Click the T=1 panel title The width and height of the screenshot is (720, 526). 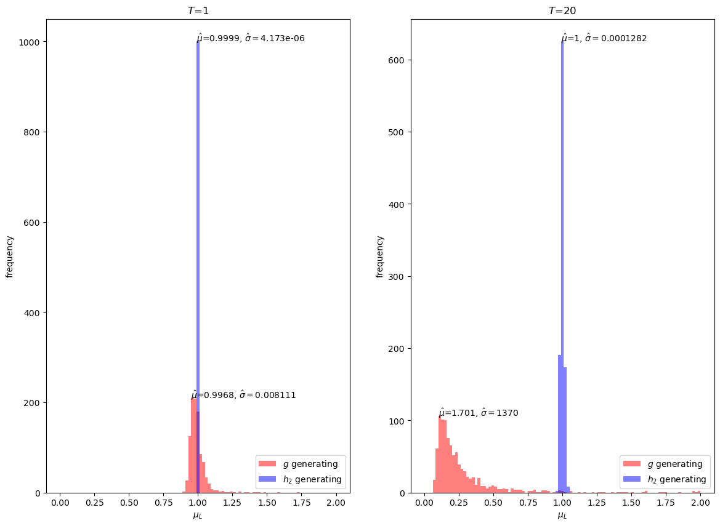[x=198, y=10]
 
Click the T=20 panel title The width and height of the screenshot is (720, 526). [x=562, y=10]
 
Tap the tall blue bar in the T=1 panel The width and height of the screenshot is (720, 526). [x=198, y=268]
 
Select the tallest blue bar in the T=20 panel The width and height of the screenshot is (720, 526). [x=562, y=268]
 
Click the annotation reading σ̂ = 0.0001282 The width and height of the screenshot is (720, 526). [x=616, y=38]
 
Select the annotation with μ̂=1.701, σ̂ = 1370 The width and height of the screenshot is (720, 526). [x=479, y=413]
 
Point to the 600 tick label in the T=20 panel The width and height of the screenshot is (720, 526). [x=398, y=60]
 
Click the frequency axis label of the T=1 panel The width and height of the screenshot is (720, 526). [x=10, y=257]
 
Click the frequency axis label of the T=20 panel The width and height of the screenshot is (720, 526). [x=379, y=257]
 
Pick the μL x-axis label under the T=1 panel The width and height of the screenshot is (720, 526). [x=198, y=516]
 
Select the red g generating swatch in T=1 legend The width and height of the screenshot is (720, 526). [x=267, y=464]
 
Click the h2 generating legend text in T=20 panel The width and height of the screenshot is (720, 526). [x=677, y=479]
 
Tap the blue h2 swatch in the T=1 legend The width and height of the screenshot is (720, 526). [x=267, y=479]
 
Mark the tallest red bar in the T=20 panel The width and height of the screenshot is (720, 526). [x=440, y=455]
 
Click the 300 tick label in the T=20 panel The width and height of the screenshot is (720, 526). [x=398, y=276]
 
